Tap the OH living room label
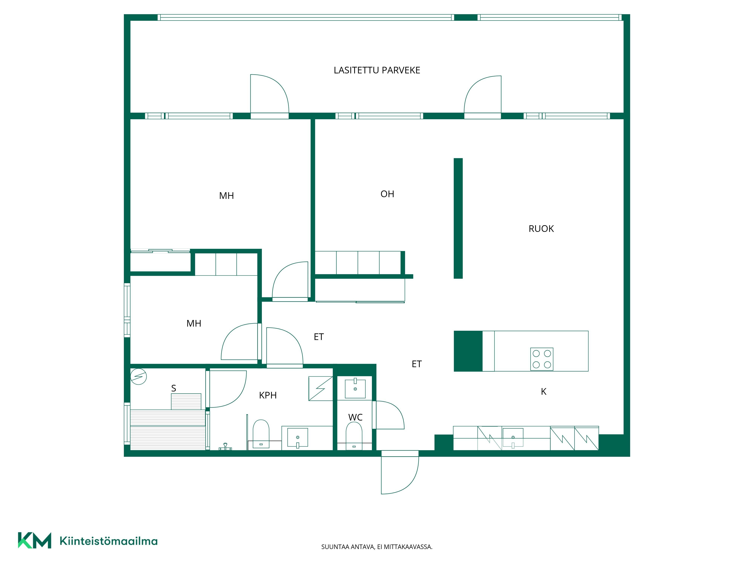tap(387, 194)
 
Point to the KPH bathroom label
tap(268, 395)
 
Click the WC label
tap(355, 417)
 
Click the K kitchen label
tap(544, 392)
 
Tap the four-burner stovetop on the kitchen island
tap(542, 359)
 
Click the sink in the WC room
tap(355, 388)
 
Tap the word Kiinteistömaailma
tap(108, 541)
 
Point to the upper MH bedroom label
tap(226, 196)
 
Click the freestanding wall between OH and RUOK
tap(458, 218)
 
